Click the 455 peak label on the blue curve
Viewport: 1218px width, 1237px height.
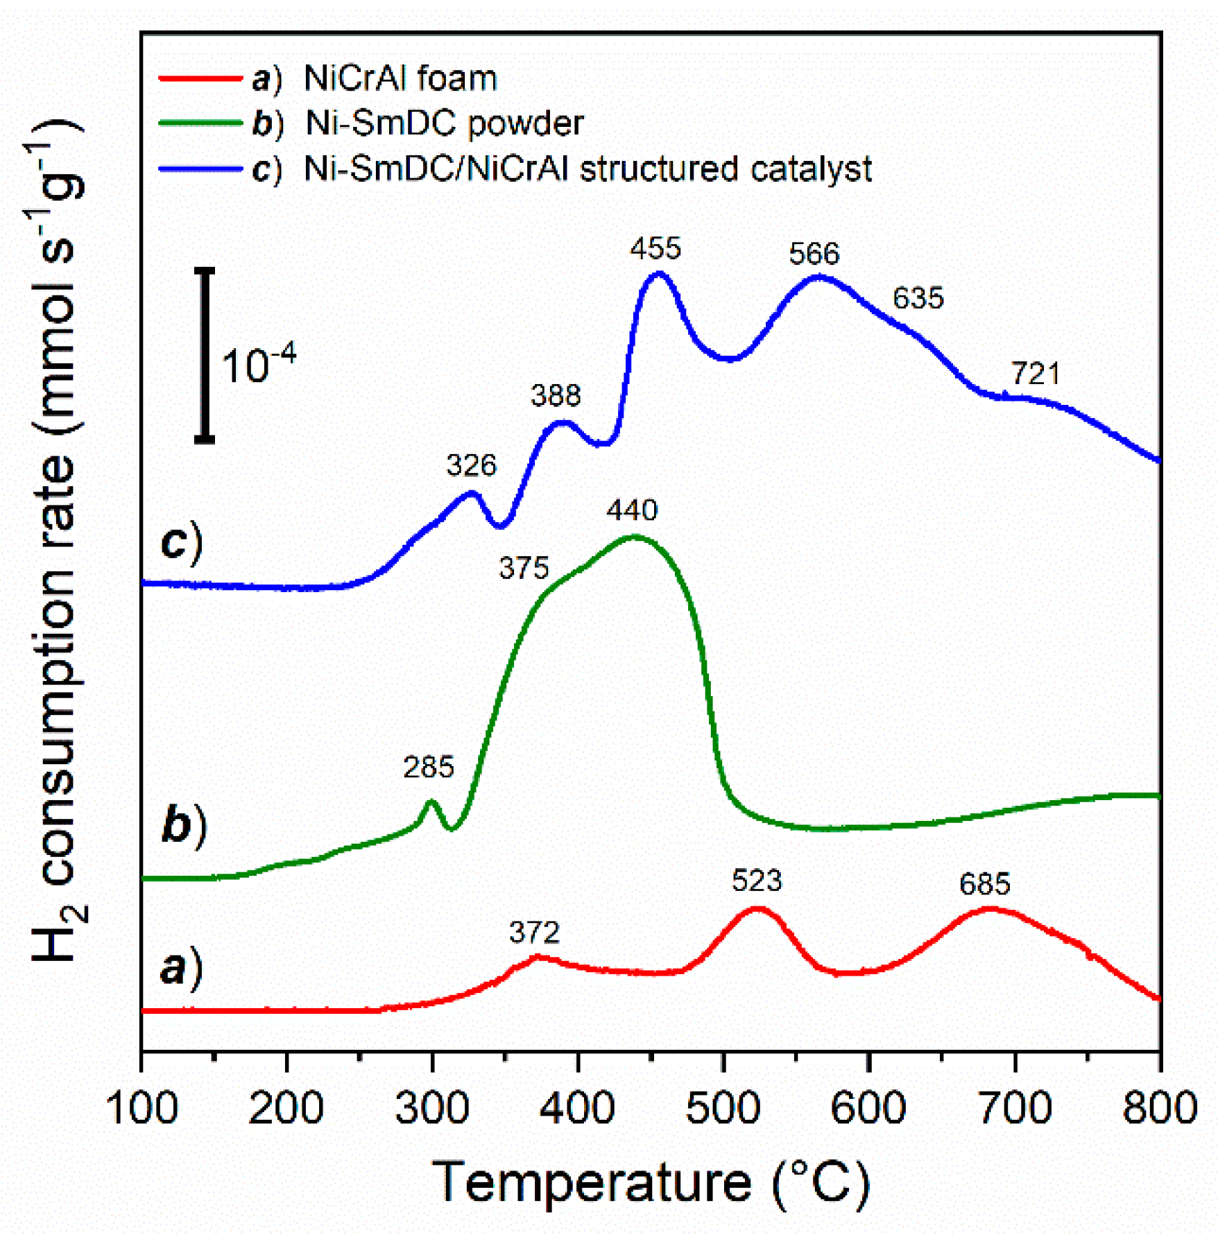coord(655,248)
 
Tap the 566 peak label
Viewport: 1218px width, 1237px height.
coord(814,254)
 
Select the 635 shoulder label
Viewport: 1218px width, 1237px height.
coord(917,298)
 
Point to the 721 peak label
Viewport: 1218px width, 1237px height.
coord(1034,374)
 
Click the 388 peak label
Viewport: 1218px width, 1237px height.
coord(555,396)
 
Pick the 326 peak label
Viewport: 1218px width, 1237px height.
coord(471,465)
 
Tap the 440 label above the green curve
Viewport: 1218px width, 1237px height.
coord(631,510)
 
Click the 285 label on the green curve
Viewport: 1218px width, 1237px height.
coord(428,768)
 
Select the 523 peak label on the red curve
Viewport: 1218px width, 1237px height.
coord(756,881)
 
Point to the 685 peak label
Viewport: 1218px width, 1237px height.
coord(984,884)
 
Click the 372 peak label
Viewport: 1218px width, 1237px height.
coord(533,933)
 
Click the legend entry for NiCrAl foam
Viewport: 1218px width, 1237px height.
coord(400,78)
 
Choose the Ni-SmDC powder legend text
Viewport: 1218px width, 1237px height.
coord(444,123)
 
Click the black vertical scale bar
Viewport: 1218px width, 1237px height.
coord(205,354)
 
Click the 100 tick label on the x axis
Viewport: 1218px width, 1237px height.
coord(141,1107)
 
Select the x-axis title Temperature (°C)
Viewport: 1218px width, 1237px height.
coord(650,1182)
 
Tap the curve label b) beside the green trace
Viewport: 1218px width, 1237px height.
coord(183,824)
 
